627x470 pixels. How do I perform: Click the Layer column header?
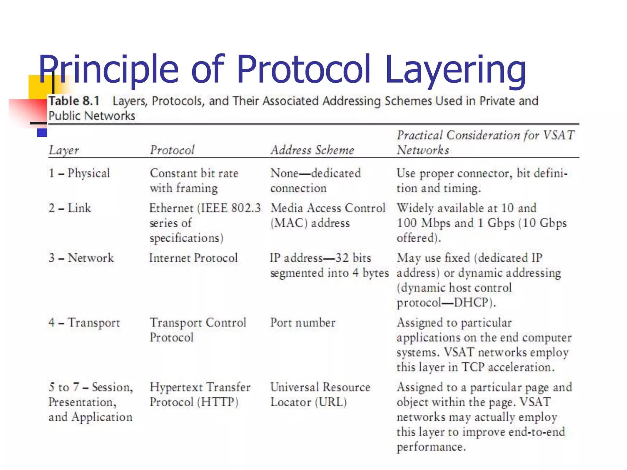(x=64, y=150)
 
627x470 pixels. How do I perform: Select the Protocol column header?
(x=172, y=150)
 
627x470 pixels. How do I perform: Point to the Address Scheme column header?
(x=312, y=150)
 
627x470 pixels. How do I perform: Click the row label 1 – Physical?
(x=79, y=173)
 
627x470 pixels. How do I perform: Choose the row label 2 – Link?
(x=70, y=208)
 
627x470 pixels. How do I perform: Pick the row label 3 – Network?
(x=81, y=258)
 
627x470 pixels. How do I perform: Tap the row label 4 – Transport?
(x=84, y=323)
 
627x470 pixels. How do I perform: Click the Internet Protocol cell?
(x=193, y=258)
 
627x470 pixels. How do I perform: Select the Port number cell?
(x=303, y=323)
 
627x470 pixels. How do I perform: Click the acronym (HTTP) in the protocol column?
(x=218, y=402)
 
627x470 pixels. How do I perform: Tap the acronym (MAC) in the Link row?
(x=289, y=223)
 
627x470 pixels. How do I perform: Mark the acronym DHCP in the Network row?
(x=471, y=303)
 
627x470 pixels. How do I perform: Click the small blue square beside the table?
(x=42, y=132)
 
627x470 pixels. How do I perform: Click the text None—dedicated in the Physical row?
(x=315, y=173)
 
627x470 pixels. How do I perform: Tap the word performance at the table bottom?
(x=431, y=447)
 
